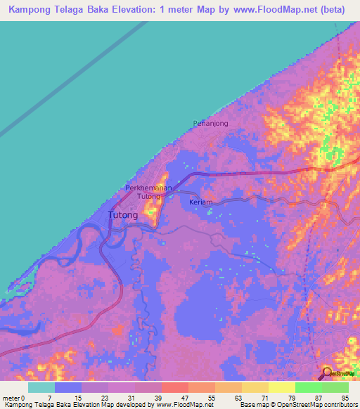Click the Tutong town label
122,216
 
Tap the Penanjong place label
211,123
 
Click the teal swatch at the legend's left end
41,388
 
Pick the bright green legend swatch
309,388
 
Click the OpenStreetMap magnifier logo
327,372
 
